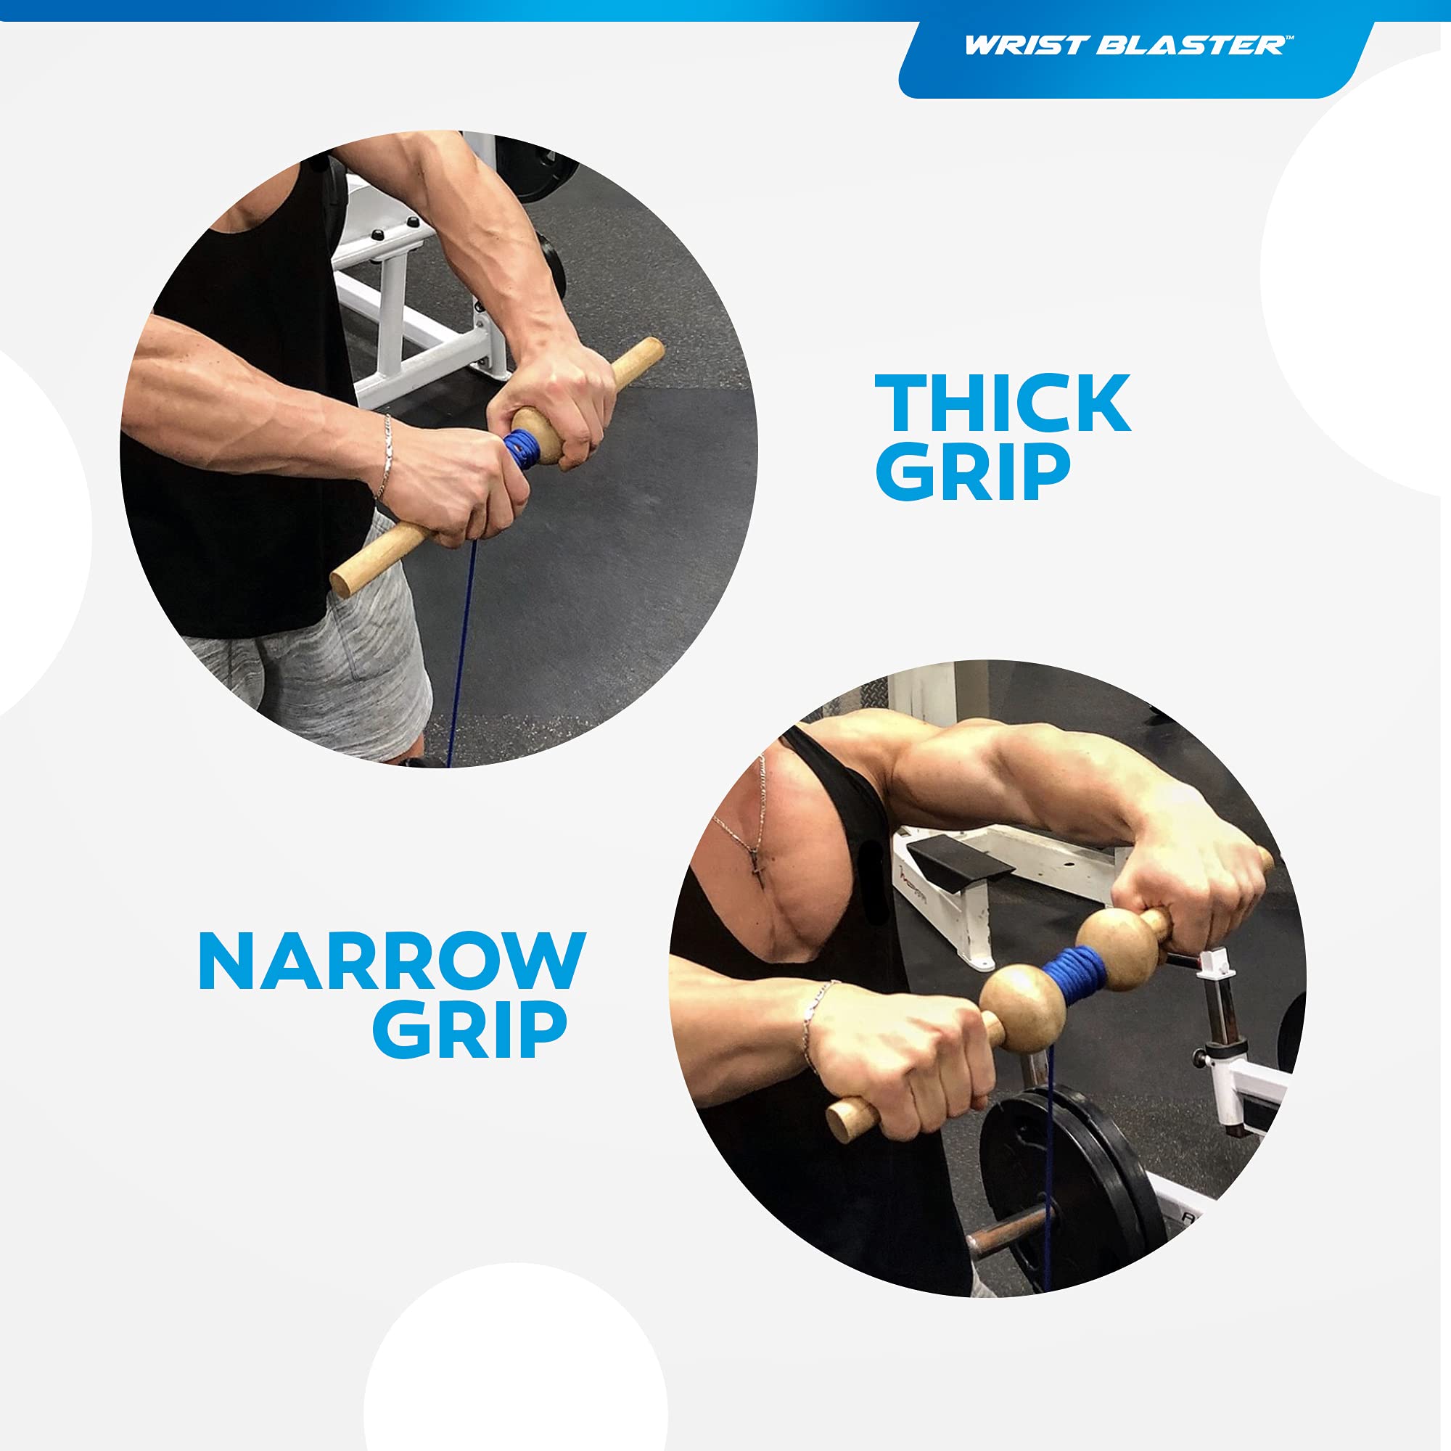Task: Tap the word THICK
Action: tap(1003, 403)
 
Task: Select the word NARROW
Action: tap(391, 961)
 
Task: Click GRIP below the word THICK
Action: tap(973, 471)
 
